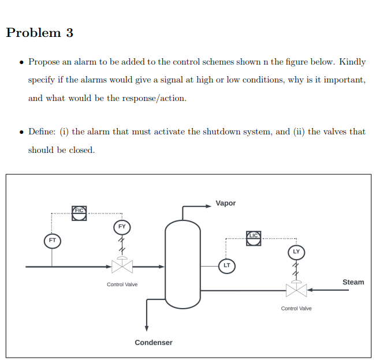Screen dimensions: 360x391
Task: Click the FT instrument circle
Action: coord(52,239)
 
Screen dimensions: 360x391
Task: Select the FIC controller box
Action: coord(79,212)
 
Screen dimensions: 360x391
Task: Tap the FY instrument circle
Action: coord(122,227)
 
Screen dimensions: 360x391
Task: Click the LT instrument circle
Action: coord(226,265)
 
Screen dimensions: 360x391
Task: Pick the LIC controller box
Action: coord(254,237)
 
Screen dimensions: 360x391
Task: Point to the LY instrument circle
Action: coord(296,252)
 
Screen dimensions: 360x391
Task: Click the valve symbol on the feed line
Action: coord(122,267)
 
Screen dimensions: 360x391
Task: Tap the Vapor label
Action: coord(225,203)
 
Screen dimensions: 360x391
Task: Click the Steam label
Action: coord(353,282)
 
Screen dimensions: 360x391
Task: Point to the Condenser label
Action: coord(154,343)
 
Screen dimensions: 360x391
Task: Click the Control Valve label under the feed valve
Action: coord(122,284)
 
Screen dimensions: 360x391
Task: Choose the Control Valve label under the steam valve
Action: coord(296,309)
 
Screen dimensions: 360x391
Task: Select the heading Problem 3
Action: coord(40,33)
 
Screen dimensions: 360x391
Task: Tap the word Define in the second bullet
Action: coord(42,132)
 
